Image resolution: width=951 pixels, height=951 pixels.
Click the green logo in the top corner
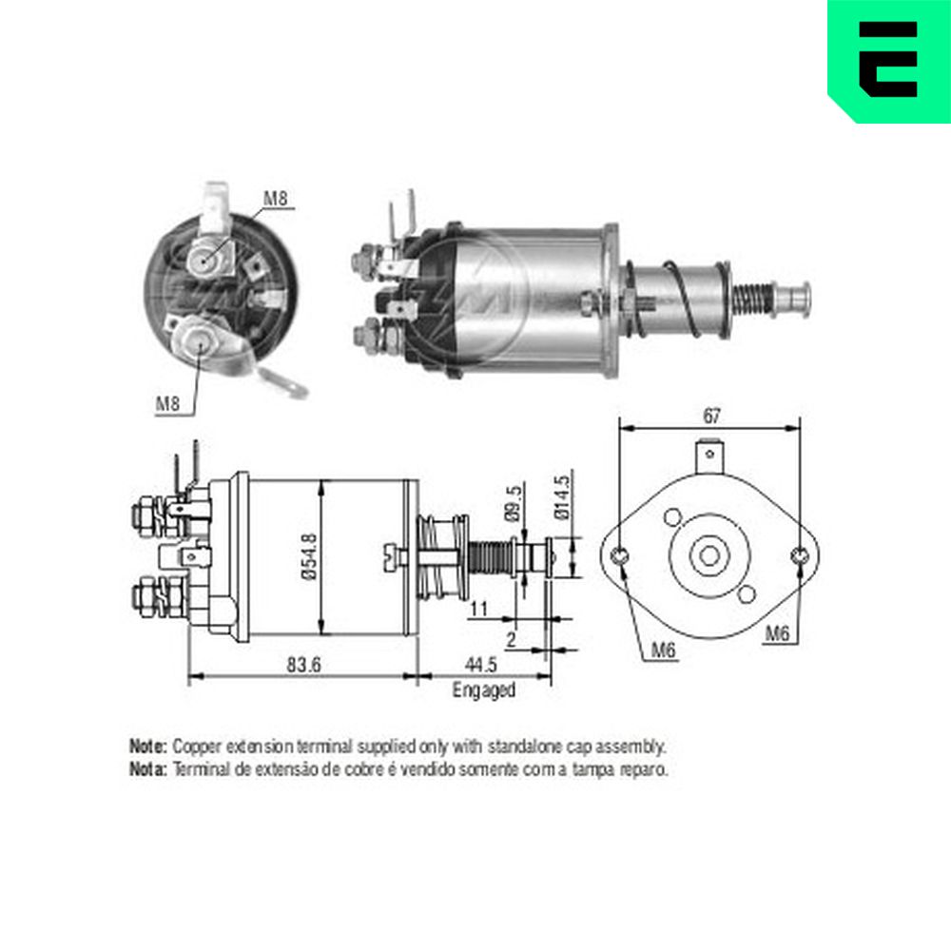pyautogui.click(x=889, y=61)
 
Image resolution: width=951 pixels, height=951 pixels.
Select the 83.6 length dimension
pyautogui.click(x=303, y=664)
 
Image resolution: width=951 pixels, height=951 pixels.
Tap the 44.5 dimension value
pyautogui.click(x=481, y=664)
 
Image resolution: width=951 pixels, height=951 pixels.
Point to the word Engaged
pyautogui.click(x=484, y=690)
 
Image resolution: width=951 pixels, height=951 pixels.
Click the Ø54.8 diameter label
pyautogui.click(x=309, y=556)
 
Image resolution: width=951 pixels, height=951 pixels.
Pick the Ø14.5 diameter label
pyautogui.click(x=562, y=497)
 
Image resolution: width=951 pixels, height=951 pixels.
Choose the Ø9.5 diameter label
pyautogui.click(x=513, y=503)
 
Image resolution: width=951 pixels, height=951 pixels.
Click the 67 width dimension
pyautogui.click(x=711, y=417)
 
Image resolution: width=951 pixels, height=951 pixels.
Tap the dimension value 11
pyautogui.click(x=478, y=609)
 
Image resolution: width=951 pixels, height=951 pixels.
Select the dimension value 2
pyautogui.click(x=512, y=639)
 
